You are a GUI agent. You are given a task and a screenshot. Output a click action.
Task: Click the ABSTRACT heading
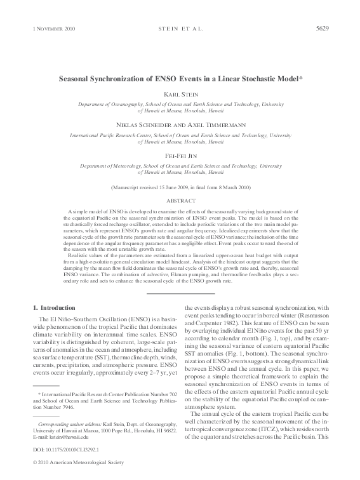coord(180,199)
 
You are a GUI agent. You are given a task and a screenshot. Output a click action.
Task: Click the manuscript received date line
coord(180,187)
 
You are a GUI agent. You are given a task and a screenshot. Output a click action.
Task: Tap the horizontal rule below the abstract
coord(180,293)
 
